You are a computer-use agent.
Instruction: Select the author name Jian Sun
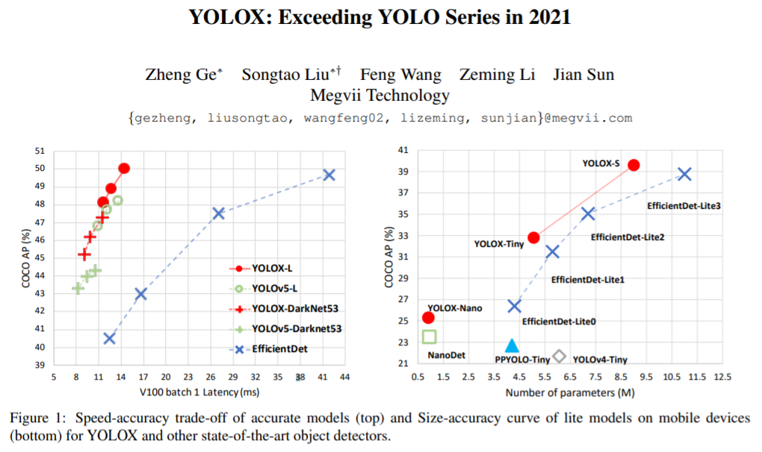[583, 75]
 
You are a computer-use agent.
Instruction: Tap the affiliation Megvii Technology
[380, 95]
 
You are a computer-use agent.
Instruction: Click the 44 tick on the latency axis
[345, 378]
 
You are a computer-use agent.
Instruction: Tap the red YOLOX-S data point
[634, 165]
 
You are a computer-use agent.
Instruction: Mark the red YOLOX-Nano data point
[428, 318]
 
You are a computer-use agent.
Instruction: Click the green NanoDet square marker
[429, 337]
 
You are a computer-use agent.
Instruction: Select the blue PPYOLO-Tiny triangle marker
[512, 345]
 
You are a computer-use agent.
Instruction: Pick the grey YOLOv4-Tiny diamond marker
[559, 357]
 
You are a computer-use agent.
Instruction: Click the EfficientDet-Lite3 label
[684, 205]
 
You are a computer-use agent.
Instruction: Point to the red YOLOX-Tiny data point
[533, 238]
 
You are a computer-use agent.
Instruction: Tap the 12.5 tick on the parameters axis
[722, 378]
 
